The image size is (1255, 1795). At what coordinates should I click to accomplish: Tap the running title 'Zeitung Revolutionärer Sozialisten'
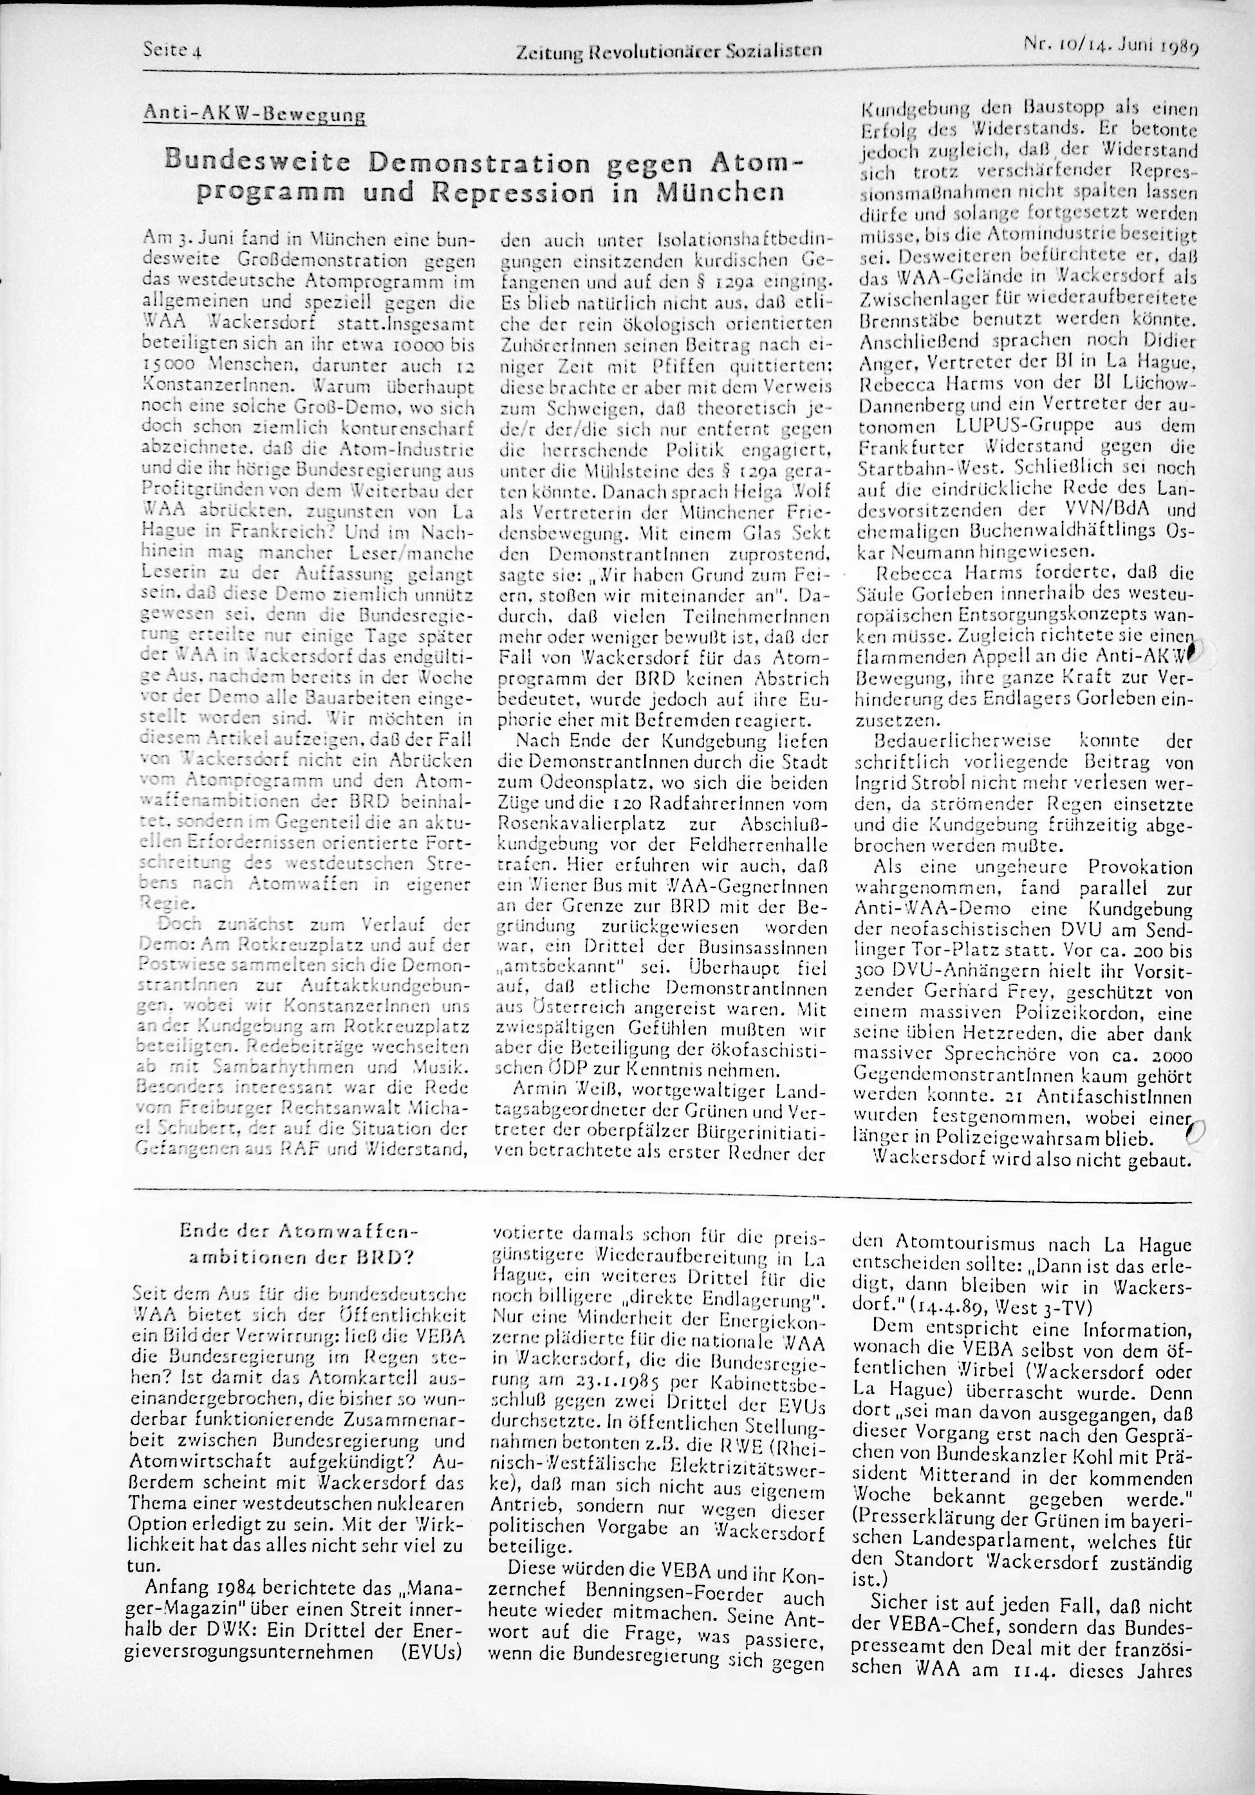pyautogui.click(x=669, y=51)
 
